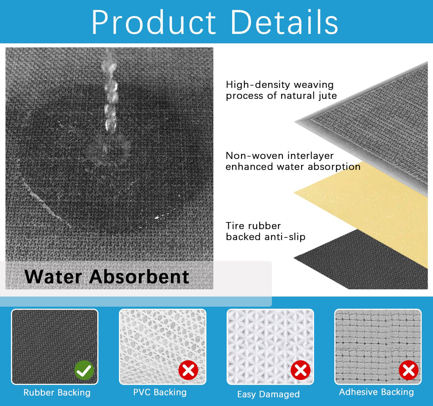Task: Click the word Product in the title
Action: point(153,22)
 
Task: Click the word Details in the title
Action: point(284,22)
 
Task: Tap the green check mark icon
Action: point(84,370)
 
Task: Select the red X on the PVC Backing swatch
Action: point(188,370)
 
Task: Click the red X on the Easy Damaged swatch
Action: point(301,370)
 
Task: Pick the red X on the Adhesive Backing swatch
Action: point(409,370)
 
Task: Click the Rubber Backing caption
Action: point(57,392)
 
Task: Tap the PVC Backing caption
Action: point(160,392)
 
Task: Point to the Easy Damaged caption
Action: point(269,394)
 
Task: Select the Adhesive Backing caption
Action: point(376,392)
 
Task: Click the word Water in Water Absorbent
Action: point(53,277)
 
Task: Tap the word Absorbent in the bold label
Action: point(139,277)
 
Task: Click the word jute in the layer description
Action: point(328,96)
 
